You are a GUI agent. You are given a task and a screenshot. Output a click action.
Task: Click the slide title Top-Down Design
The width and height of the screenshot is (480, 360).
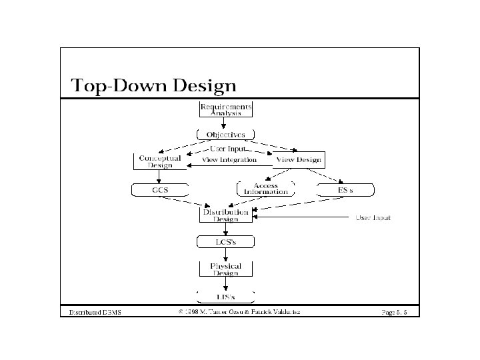pos(153,85)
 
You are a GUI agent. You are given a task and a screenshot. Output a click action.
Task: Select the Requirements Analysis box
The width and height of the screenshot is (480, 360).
pos(226,109)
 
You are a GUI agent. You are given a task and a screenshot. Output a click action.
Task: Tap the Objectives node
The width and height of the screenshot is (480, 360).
pos(225,135)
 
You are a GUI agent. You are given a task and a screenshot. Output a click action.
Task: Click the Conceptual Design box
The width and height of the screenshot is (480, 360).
pos(159,161)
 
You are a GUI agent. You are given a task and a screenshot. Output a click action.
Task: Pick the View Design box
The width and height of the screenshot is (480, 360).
pos(298,160)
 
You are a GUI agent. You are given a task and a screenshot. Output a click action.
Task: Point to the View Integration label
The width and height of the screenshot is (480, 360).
pos(229,160)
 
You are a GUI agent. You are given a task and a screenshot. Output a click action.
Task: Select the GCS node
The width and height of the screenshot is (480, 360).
pos(159,190)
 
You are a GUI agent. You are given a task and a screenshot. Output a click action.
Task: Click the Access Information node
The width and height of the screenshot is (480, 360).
pos(266,189)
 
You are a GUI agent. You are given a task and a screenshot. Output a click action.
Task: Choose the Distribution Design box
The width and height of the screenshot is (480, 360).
pos(225,215)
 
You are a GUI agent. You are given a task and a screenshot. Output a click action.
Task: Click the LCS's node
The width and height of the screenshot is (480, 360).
pos(225,242)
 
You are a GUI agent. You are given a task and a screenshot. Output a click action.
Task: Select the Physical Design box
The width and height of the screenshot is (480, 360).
pos(225,269)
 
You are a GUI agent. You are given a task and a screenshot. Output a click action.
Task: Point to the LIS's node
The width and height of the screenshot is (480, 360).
pos(225,295)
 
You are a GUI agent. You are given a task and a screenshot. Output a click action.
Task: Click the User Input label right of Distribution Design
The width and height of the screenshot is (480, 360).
pos(373,218)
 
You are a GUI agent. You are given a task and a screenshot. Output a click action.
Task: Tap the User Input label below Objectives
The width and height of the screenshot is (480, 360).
pos(227,149)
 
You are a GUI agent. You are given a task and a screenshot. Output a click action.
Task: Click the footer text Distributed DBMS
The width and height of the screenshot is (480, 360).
pos(91,312)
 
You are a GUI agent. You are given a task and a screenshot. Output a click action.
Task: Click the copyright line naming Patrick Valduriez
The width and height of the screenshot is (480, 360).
pos(239,311)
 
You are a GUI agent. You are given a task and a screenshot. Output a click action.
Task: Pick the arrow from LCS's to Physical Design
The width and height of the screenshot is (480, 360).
pos(225,255)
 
